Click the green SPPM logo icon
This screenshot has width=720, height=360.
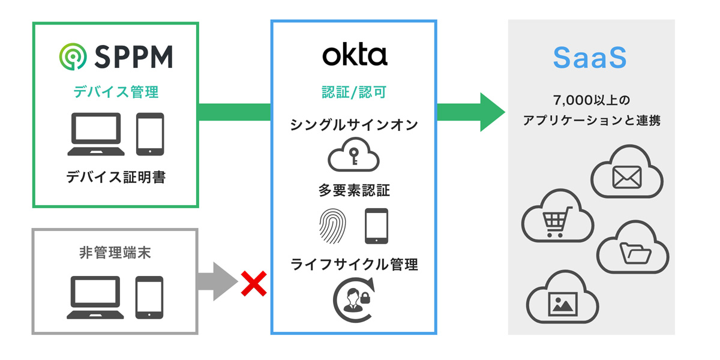[x=73, y=56]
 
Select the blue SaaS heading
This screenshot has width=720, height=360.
[x=590, y=57]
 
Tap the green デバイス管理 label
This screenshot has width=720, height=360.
[x=116, y=92]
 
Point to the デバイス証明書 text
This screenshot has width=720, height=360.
[x=116, y=177]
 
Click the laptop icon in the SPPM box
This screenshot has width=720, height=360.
[x=96, y=134]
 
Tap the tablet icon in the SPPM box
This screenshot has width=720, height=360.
[x=149, y=134]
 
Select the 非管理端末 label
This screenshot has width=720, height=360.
[x=115, y=253]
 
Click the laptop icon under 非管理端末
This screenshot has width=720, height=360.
[x=96, y=298]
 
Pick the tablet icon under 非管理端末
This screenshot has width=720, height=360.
[x=149, y=298]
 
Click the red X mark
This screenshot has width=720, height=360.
[x=253, y=283]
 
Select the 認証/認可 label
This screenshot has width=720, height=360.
[x=354, y=92]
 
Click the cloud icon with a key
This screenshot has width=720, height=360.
[x=353, y=157]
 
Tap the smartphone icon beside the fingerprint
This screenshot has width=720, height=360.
[x=376, y=226]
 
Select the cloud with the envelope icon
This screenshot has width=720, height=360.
[x=626, y=175]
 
